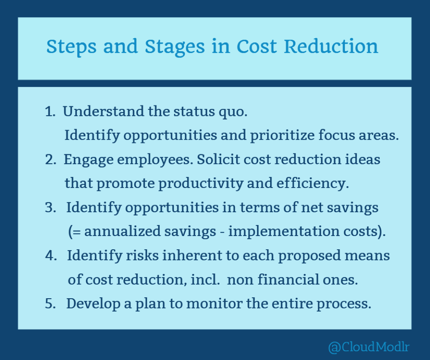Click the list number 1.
point(49,112)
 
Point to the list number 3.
point(50,207)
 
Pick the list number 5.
point(50,304)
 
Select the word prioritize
point(283,136)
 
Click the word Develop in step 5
point(90,304)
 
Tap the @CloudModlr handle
point(369,347)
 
